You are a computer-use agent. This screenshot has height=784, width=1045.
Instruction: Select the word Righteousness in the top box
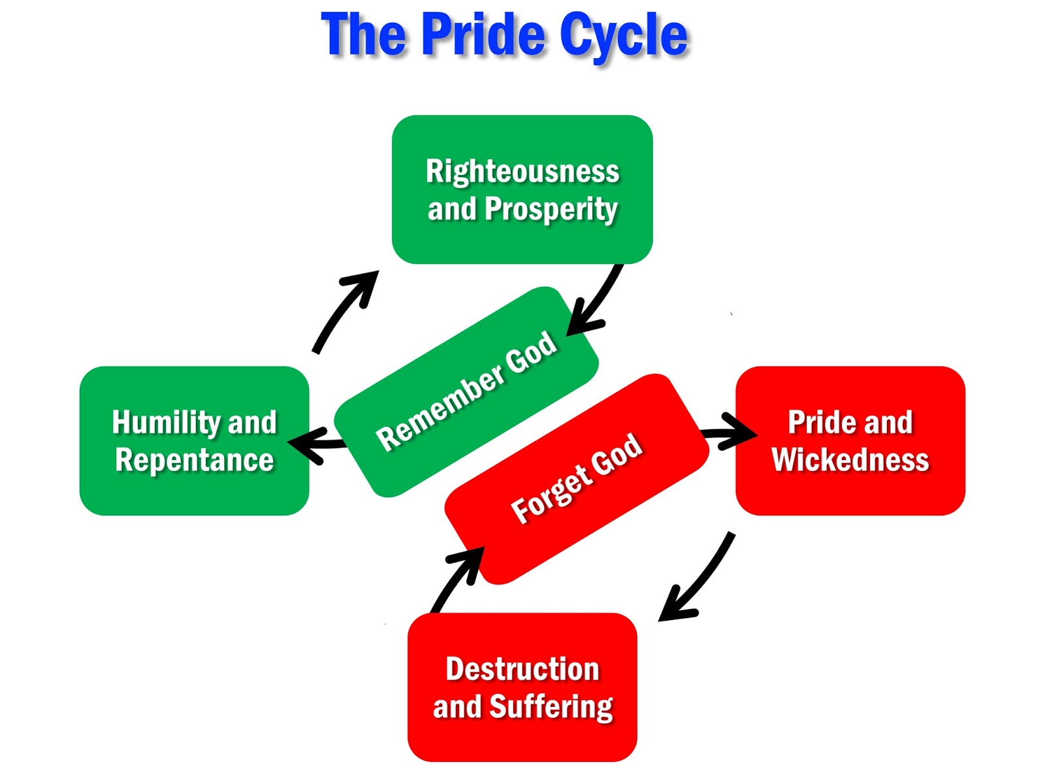[x=522, y=171]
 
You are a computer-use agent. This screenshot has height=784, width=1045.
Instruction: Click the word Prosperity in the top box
[x=551, y=210]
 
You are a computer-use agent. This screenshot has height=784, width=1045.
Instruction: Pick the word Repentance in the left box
[x=194, y=460]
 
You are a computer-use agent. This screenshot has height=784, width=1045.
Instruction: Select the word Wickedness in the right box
[x=850, y=460]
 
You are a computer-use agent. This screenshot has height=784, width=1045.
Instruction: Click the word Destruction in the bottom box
[x=522, y=669]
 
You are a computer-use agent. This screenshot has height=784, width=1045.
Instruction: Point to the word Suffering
[x=551, y=708]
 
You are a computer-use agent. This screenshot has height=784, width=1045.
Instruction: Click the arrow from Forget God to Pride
[x=728, y=434]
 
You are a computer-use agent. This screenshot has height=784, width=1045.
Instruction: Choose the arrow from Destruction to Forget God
[x=457, y=579]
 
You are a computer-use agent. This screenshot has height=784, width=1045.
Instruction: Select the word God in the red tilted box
[x=617, y=453]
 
